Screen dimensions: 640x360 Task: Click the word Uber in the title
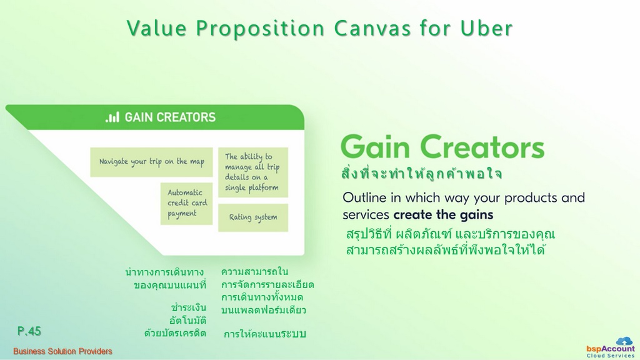(486, 28)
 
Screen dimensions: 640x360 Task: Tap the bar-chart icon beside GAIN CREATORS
(112, 117)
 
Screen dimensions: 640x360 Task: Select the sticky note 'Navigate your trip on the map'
(151, 162)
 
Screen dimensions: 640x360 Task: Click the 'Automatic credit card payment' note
(186, 203)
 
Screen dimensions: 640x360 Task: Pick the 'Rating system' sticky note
(253, 217)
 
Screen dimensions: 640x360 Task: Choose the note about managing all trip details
(253, 172)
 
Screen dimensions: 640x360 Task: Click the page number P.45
(29, 331)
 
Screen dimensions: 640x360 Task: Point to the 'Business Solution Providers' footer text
(62, 351)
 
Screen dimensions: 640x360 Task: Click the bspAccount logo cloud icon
(624, 341)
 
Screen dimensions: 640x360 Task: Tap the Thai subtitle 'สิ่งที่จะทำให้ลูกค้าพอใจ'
(421, 173)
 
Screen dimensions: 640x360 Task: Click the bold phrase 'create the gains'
(443, 215)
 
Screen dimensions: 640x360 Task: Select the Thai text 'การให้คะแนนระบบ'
(265, 334)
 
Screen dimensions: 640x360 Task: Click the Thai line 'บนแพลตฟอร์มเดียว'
(264, 310)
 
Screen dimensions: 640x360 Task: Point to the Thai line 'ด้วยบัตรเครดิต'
(175, 333)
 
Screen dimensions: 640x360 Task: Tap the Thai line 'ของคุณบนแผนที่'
(170, 285)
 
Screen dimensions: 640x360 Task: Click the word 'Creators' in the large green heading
(482, 147)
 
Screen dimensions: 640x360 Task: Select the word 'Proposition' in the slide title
(261, 29)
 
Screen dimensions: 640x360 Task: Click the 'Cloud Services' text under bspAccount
(611, 356)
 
